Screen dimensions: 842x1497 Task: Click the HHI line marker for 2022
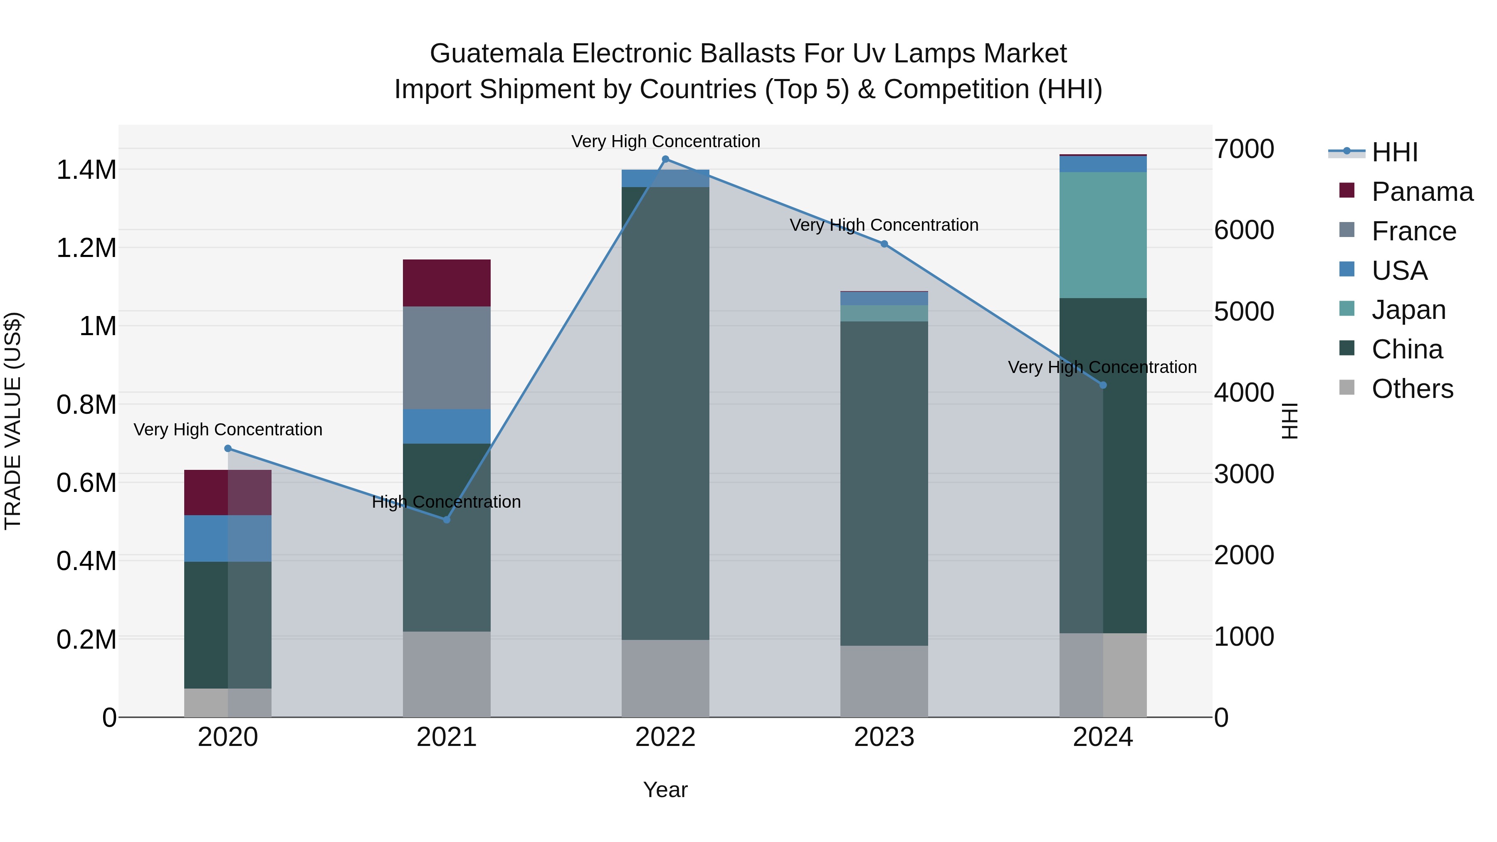tap(665, 159)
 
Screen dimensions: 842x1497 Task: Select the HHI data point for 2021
tap(446, 519)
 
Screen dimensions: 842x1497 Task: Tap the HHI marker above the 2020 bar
tap(228, 448)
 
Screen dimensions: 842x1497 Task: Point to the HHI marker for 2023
tap(884, 244)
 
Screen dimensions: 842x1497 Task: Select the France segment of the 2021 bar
tap(446, 357)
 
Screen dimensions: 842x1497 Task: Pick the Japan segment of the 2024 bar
tap(1102, 235)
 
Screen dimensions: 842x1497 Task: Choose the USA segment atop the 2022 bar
tap(665, 178)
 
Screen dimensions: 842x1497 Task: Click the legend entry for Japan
tap(1408, 310)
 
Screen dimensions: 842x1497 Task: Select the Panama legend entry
tap(1421, 192)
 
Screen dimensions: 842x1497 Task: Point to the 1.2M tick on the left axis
tap(86, 248)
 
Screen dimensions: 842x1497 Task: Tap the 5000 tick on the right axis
tap(1244, 311)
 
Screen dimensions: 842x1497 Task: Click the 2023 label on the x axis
tap(884, 737)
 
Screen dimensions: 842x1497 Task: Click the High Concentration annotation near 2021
tap(446, 501)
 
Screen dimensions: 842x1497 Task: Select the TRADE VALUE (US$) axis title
tap(13, 421)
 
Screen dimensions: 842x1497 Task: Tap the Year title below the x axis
tap(665, 790)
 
